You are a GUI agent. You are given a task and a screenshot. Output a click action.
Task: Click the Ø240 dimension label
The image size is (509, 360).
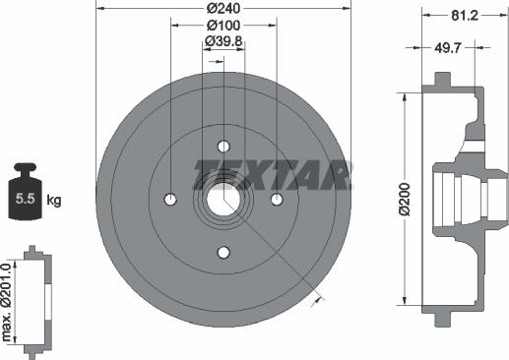(223, 8)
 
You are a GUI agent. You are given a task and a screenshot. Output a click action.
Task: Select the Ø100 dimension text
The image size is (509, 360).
(223, 26)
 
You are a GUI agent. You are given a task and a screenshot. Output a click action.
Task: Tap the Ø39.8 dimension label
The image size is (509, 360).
(223, 41)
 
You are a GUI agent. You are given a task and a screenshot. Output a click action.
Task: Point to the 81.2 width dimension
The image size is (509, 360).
(465, 15)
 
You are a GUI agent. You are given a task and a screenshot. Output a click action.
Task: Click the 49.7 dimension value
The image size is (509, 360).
(448, 48)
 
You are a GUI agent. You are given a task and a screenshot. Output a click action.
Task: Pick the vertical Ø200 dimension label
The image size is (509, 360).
(406, 199)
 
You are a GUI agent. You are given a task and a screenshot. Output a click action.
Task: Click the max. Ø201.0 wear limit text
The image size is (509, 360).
(6, 302)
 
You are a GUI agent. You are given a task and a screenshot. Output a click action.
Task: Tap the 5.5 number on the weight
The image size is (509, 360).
(26, 199)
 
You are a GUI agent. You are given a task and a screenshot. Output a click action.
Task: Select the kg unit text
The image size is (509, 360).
(54, 200)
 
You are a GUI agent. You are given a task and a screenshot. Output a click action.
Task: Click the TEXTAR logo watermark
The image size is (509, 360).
(273, 175)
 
